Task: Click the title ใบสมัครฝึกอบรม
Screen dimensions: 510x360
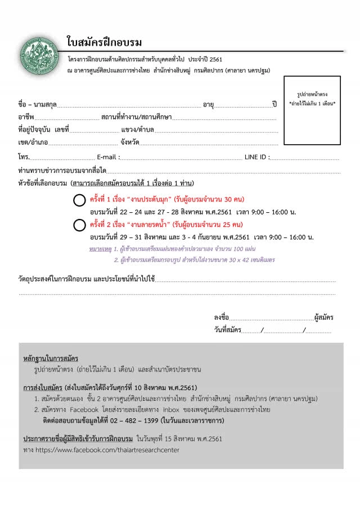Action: pos(104,43)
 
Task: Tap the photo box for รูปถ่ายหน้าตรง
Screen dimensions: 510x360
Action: pos(312,111)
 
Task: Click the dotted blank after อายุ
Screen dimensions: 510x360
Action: pos(243,105)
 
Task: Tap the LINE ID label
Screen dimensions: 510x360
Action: pos(256,157)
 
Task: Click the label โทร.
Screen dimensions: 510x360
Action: pos(24,157)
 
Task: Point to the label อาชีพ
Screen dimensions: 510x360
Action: pos(26,117)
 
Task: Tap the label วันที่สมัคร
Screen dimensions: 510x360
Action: pos(227,330)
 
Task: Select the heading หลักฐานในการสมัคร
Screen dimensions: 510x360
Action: pos(51,359)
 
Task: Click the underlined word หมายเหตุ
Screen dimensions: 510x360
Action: pos(100,248)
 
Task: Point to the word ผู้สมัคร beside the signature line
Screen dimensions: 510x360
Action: pos(324,318)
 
